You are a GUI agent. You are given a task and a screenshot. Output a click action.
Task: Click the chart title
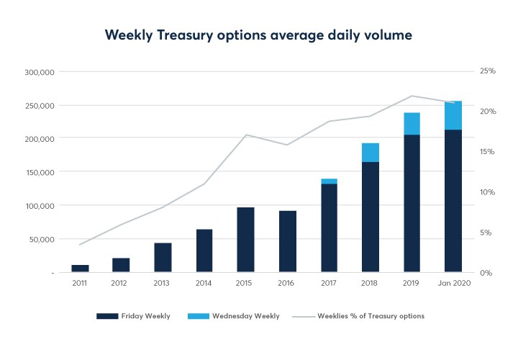(x=259, y=35)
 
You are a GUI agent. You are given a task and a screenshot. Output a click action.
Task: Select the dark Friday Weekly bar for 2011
(x=80, y=269)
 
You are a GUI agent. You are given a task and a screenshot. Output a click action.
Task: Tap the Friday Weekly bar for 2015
(x=246, y=240)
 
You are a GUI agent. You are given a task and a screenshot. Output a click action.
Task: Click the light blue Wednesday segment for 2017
(x=329, y=181)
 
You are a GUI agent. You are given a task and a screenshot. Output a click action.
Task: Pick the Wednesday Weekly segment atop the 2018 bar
(x=371, y=153)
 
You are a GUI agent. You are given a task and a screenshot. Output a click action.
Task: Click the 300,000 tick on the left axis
(x=41, y=72)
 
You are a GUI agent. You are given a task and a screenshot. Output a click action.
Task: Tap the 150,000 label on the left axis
(x=41, y=172)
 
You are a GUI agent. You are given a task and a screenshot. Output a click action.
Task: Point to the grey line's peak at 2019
(x=412, y=96)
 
